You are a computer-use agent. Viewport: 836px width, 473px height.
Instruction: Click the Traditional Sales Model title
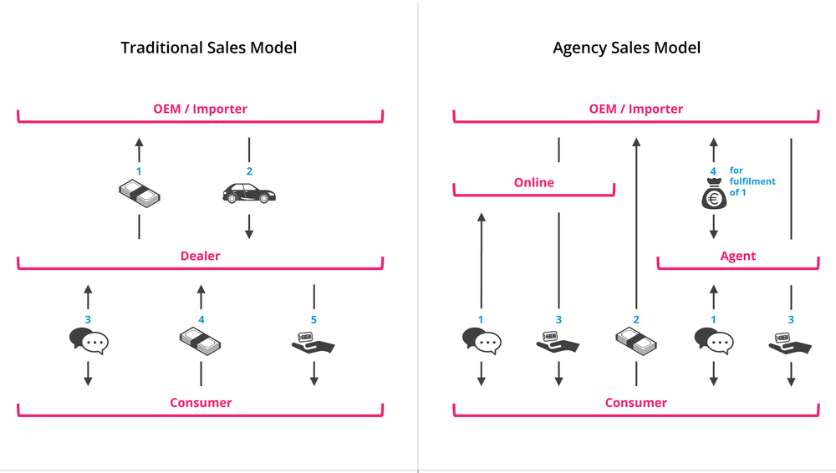[x=208, y=48]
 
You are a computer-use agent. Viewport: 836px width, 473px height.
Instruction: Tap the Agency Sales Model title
[x=626, y=48]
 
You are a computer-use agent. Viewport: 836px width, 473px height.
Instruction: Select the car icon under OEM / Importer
[x=249, y=195]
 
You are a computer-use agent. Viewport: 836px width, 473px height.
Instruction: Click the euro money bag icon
[x=713, y=197]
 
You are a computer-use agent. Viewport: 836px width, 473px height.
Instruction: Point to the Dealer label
[x=201, y=256]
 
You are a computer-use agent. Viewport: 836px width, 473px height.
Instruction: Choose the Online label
[x=534, y=182]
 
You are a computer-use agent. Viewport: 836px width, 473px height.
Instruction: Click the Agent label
[x=738, y=256]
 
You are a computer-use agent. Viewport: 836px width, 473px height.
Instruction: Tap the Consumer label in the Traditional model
[x=201, y=403]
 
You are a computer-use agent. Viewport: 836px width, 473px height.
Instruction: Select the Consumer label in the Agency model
[x=636, y=403]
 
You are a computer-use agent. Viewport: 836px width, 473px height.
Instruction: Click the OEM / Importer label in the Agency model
[x=636, y=109]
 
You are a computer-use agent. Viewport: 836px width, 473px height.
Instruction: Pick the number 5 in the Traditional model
[x=314, y=319]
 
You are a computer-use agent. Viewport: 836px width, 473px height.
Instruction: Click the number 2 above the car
[x=249, y=171]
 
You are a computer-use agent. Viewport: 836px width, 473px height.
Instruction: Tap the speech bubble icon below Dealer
[x=89, y=341]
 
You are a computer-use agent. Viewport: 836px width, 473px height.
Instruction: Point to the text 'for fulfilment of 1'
[x=752, y=181]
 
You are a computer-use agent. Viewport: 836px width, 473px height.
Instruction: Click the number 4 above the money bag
[x=713, y=171]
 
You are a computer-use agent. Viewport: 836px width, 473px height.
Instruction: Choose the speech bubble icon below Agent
[x=713, y=341]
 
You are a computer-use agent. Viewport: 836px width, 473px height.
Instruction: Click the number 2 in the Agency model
[x=636, y=319]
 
